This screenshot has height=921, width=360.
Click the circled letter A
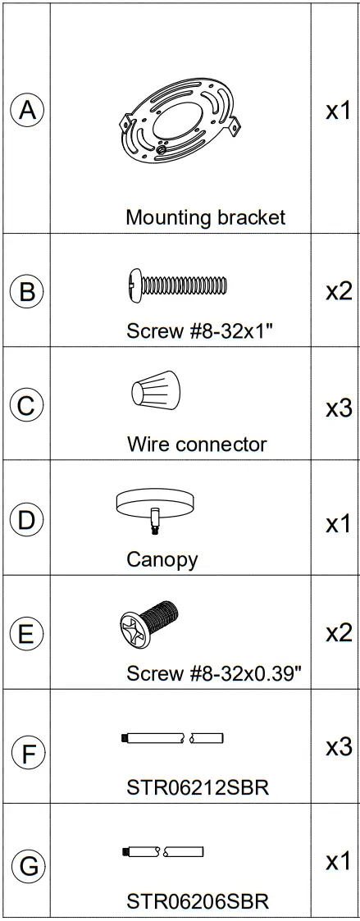pos(26,110)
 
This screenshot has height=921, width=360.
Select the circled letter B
pos(26,291)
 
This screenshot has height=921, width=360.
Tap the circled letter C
pos(26,406)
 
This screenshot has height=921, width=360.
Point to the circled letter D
pos(26,522)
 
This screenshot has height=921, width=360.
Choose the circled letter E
pos(26,635)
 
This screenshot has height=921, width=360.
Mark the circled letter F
pos(26,751)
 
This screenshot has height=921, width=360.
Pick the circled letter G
pos(26,864)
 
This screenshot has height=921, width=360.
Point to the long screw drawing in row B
pos(175,285)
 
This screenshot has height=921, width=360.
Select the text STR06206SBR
pos(186,901)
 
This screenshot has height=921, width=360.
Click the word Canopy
pos(162,559)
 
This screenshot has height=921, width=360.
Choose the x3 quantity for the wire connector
pos(339,408)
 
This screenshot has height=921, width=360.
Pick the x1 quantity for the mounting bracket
pos(339,111)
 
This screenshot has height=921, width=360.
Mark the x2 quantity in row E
pos(339,633)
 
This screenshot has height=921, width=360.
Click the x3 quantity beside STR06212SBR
pos(339,747)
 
